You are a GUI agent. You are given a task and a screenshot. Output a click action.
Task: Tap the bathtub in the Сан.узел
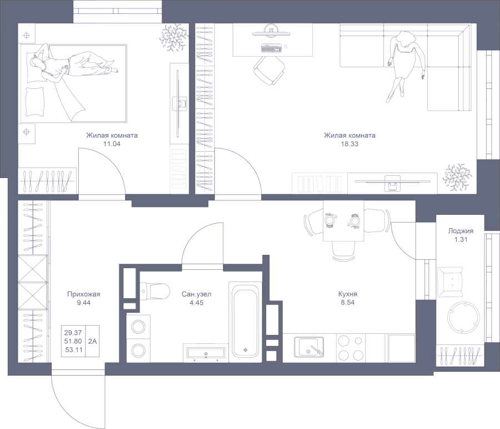pyautogui.click(x=245, y=319)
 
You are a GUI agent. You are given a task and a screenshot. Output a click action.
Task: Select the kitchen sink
pyautogui.click(x=309, y=347)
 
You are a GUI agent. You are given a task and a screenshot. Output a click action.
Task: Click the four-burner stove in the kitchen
pyautogui.click(x=351, y=348)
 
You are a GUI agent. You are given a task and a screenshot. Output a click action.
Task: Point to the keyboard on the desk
pyautogui.click(x=271, y=48)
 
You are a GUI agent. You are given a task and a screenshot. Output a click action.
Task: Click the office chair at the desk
pyautogui.click(x=269, y=71)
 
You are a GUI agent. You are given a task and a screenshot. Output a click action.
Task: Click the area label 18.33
pyautogui.click(x=349, y=144)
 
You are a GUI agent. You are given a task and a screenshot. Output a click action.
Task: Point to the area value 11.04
pyautogui.click(x=112, y=144)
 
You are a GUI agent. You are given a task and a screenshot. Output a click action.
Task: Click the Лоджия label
pyautogui.click(x=461, y=230)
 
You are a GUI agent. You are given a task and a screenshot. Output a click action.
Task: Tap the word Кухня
pyautogui.click(x=348, y=294)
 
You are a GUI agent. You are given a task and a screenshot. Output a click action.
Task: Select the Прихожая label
pyautogui.click(x=83, y=294)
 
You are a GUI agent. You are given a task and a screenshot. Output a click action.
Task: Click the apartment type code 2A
pyautogui.click(x=92, y=341)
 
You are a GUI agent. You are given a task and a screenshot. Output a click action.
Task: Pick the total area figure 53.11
pyautogui.click(x=74, y=350)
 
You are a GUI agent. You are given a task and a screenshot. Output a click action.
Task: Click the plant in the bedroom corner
pyautogui.click(x=173, y=38)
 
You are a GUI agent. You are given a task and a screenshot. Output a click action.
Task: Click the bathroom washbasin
pyautogui.click(x=206, y=353)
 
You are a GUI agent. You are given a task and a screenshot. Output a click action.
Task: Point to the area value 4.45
pyautogui.click(x=197, y=303)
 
